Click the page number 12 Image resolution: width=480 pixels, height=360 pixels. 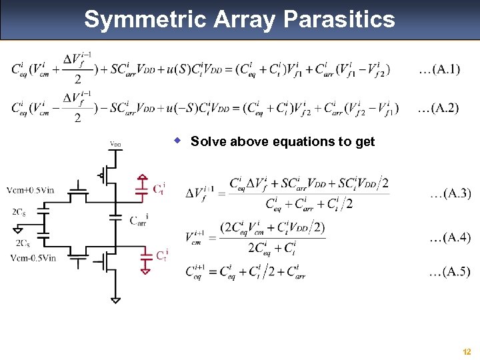click(x=466, y=351)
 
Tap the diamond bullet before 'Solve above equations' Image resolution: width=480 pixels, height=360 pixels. click(x=178, y=141)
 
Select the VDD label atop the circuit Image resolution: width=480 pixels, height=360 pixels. click(x=115, y=144)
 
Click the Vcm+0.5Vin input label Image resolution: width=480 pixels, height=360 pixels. click(x=31, y=190)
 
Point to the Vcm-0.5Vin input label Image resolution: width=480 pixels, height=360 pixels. click(x=33, y=258)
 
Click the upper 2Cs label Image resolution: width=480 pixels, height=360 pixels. click(x=19, y=212)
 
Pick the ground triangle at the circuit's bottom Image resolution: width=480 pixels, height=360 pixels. click(x=115, y=300)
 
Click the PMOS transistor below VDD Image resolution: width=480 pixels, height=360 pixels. click(x=107, y=175)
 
